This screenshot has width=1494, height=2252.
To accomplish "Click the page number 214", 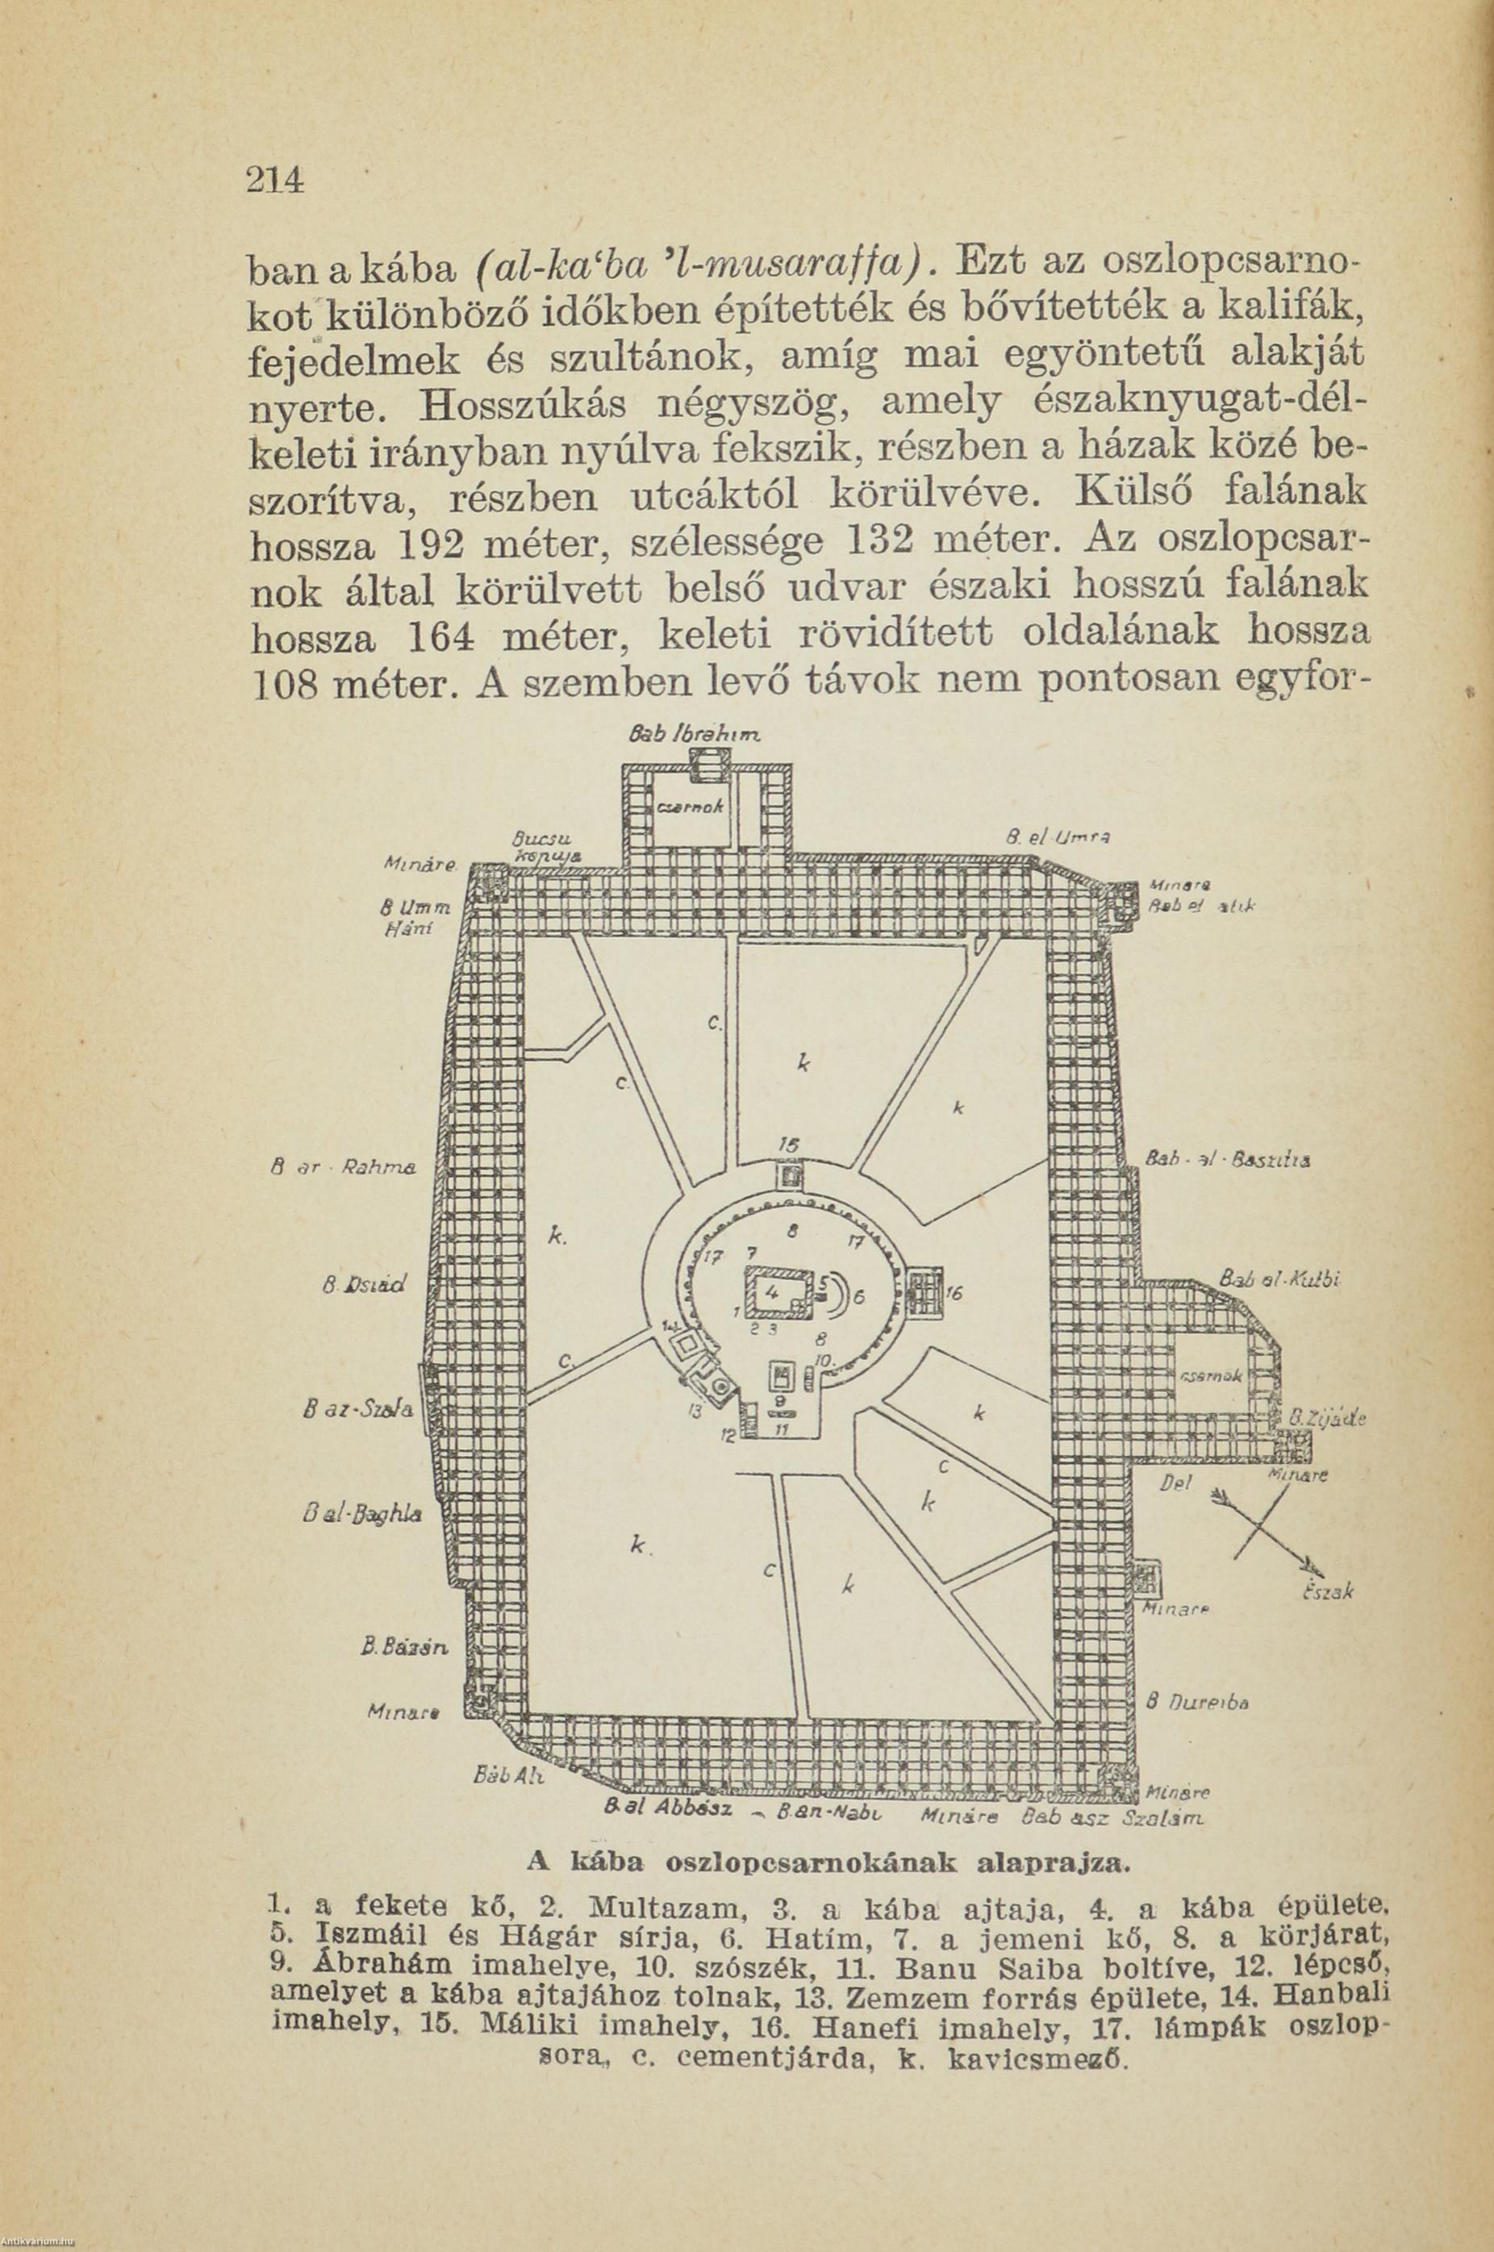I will point(274,179).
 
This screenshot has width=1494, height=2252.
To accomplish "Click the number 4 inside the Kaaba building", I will point(773,1293).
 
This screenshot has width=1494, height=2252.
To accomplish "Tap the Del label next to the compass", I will point(1173,1483).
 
